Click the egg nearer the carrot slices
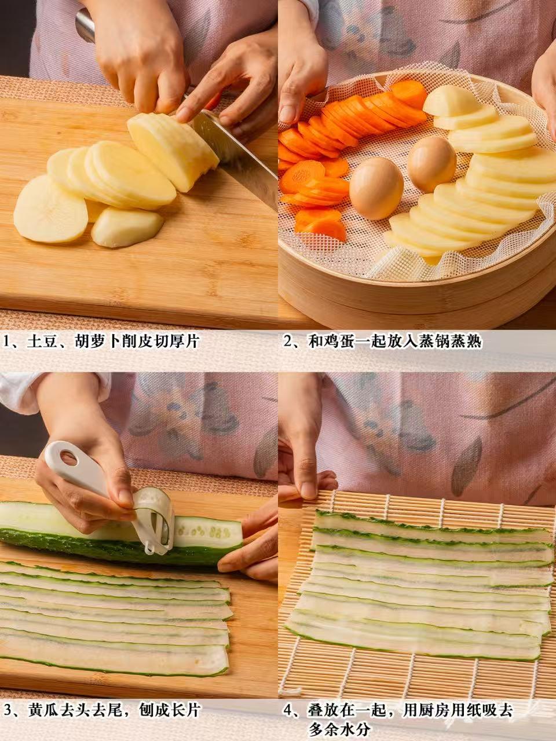(x=376, y=188)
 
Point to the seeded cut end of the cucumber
(x=206, y=533)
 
